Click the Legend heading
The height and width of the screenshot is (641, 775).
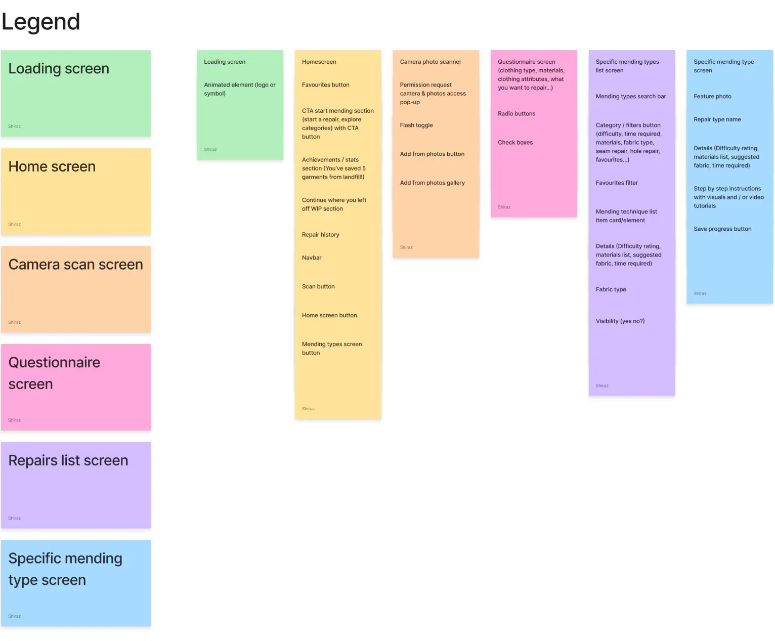click(40, 22)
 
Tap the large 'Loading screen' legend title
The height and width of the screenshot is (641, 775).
click(59, 69)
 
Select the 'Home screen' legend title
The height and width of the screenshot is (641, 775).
click(52, 166)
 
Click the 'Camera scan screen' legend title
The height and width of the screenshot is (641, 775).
click(75, 265)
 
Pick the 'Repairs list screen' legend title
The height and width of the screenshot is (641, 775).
click(68, 460)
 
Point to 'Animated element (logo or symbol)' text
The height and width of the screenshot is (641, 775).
click(239, 89)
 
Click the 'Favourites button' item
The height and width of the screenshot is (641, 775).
click(325, 85)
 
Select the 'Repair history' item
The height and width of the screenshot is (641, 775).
click(320, 235)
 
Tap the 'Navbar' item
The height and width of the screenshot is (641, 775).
click(312, 258)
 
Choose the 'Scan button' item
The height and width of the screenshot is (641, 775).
click(318, 287)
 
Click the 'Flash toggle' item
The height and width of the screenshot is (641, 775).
click(416, 125)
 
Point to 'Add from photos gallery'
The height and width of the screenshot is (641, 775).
click(432, 183)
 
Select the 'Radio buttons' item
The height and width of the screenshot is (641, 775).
click(516, 114)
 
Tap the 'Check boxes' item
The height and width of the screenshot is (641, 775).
click(515, 143)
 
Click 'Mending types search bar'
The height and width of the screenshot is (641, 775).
click(630, 97)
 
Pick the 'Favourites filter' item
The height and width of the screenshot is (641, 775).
click(616, 183)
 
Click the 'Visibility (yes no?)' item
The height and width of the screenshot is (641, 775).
click(620, 321)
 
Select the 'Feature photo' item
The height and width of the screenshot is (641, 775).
click(712, 97)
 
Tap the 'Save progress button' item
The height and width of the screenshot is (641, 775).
click(722, 229)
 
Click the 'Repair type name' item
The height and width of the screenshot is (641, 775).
click(717, 120)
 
